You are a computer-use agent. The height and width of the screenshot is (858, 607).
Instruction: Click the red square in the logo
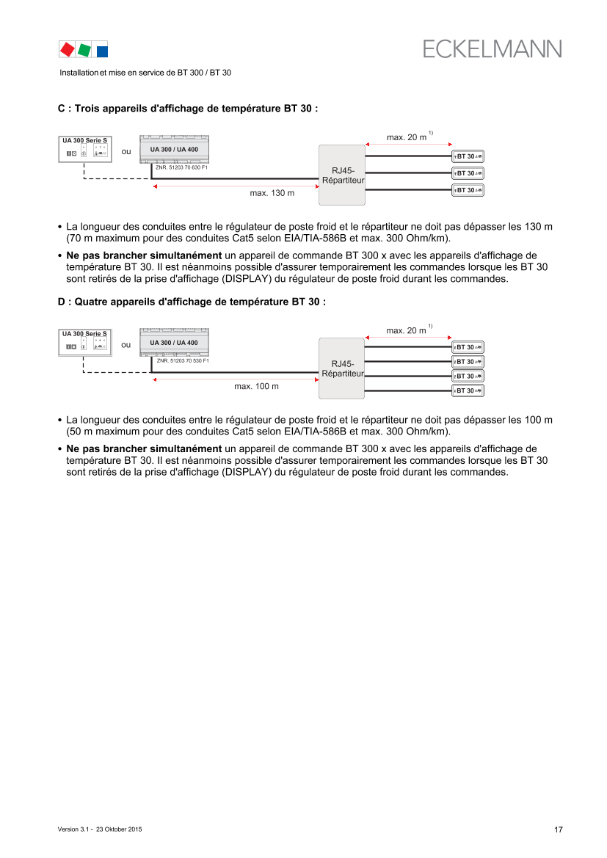pos(67,49)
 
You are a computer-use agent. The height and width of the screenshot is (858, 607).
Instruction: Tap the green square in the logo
pos(84,49)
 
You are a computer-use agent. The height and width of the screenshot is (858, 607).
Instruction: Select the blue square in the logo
pos(102,51)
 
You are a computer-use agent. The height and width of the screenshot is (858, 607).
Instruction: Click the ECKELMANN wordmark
pos(492,48)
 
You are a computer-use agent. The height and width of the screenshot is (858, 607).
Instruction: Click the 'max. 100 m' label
pos(256,386)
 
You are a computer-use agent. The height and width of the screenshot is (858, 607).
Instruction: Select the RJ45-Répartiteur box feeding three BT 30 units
pos(342,175)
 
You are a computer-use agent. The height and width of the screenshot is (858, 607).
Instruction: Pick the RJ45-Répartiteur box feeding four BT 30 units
pos(342,368)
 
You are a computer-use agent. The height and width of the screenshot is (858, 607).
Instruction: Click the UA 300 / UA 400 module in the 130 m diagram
pos(174,150)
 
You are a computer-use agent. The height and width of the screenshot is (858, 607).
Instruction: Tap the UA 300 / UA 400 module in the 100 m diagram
pos(174,343)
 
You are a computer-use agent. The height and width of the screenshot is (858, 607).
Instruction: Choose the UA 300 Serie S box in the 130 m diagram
pos(85,149)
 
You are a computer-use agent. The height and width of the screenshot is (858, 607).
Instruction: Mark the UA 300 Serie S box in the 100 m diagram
pos(85,343)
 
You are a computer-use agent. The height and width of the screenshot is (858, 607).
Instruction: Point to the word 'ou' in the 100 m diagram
pos(126,344)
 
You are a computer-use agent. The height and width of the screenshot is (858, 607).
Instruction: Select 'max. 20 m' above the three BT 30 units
pos(407,137)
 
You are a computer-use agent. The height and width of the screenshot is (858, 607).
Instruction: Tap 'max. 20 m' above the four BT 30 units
pos(407,331)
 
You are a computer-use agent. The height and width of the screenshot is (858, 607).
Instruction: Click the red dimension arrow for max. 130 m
pos(235,187)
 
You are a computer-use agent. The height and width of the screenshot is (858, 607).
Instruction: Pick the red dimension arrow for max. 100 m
pos(235,380)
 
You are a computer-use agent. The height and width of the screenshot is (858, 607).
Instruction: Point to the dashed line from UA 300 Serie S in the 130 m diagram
pos(110,178)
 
